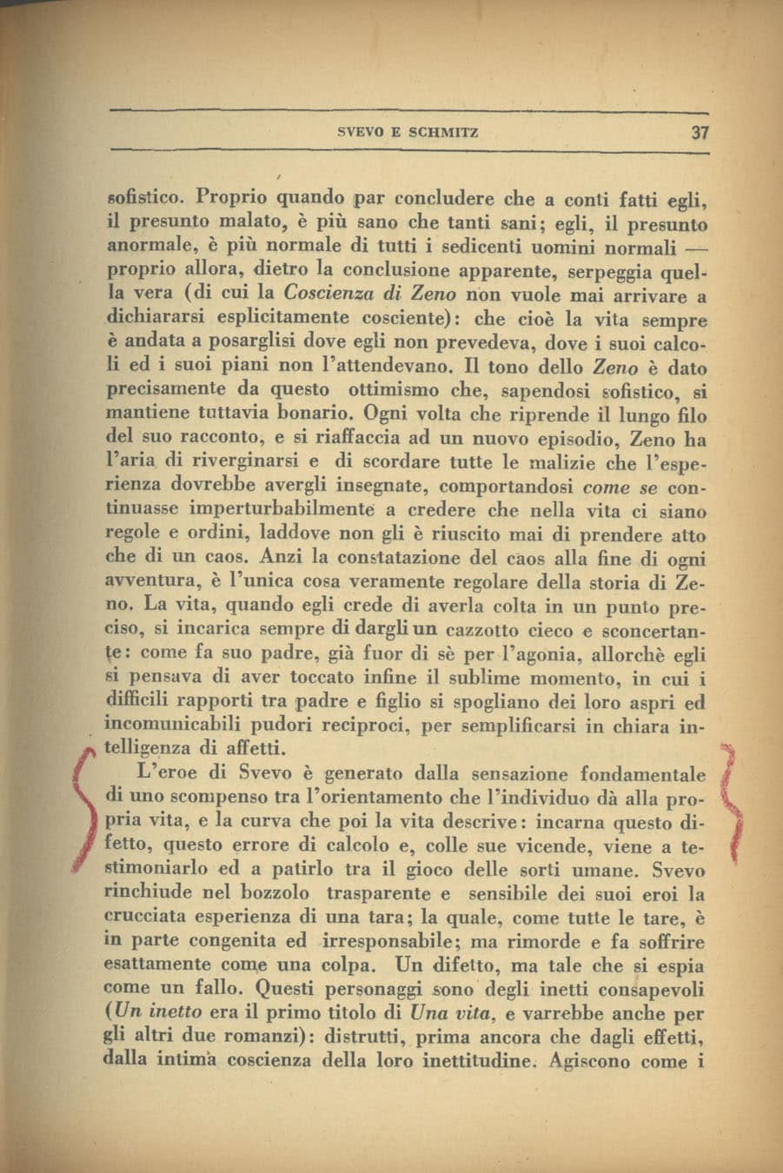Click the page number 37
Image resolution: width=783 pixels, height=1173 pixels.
700,133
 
